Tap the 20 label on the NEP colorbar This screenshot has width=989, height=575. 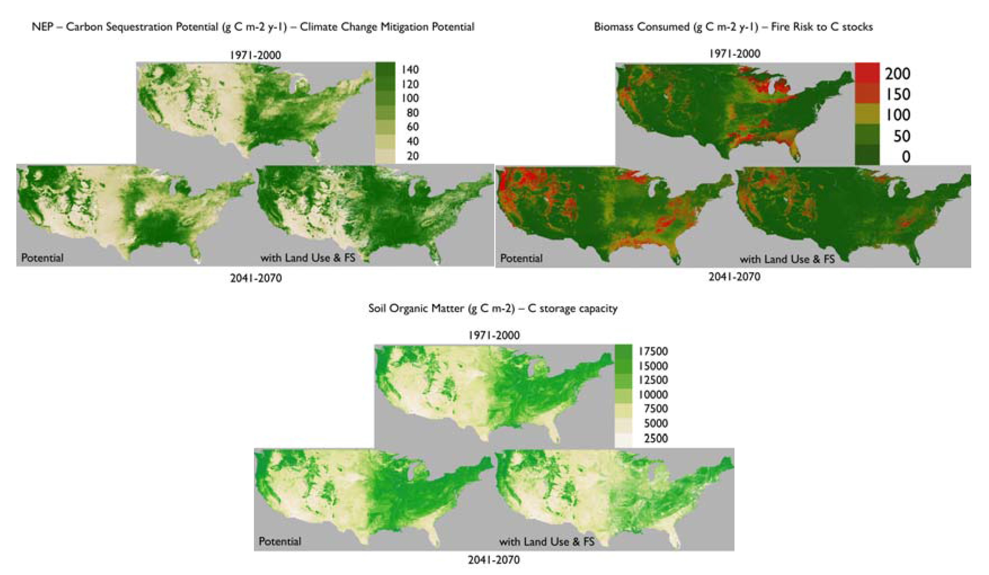[412, 156]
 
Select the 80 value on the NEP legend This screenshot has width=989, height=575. [412, 113]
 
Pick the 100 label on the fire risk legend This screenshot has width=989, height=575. [898, 115]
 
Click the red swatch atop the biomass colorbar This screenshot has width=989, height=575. [867, 73]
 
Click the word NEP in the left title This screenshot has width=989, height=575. [42, 27]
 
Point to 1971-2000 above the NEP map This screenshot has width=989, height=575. [255, 55]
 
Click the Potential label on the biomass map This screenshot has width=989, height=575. [521, 258]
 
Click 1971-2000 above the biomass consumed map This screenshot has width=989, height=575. [734, 54]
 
